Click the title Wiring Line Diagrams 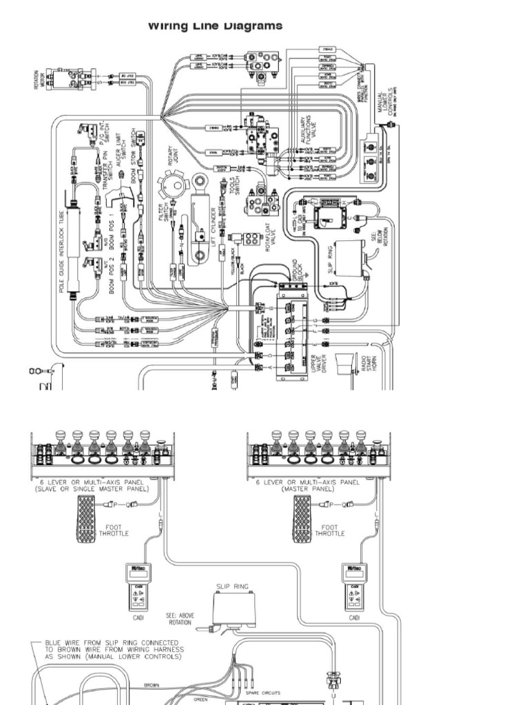[215, 26]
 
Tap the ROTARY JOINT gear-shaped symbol [174, 188]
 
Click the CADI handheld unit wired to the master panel [354, 586]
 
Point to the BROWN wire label [152, 685]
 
